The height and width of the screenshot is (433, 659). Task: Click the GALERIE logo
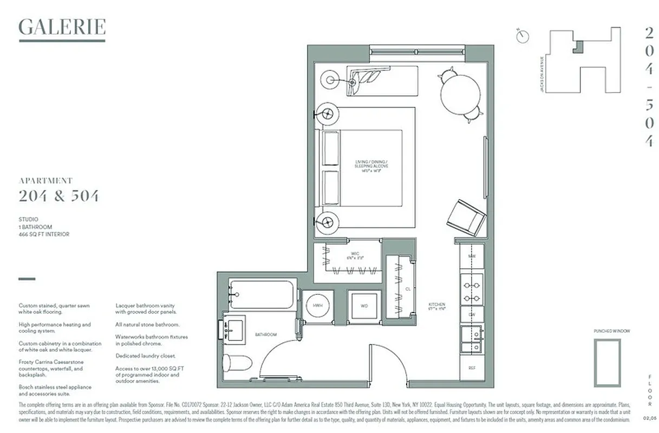62,27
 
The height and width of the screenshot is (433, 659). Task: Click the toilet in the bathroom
237,362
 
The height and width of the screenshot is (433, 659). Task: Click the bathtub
262,294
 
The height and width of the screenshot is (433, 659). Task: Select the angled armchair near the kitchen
466,217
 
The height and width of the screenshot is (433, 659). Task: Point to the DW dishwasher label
472,314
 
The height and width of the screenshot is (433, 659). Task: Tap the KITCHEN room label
437,305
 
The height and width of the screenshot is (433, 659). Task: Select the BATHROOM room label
266,334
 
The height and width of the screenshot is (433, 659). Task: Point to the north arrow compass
523,36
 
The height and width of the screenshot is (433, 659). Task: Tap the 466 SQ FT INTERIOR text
44,234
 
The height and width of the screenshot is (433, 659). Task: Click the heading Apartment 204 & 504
58,191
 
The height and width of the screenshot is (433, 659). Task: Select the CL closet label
408,290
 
